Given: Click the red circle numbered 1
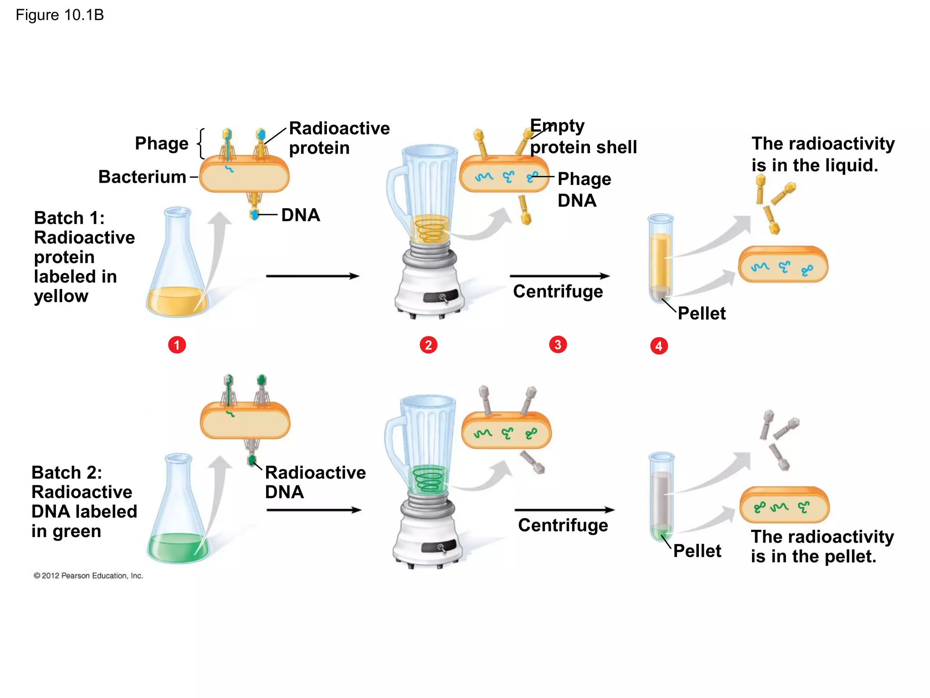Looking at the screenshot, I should (x=177, y=345).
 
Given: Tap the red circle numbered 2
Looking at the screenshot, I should (x=428, y=345).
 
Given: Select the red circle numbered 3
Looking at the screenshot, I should (x=558, y=344).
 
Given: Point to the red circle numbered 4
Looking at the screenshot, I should (x=659, y=346).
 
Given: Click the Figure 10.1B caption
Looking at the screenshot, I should (x=59, y=15).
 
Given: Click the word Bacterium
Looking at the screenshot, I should (x=142, y=177).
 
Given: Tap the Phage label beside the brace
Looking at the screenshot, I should (x=162, y=143).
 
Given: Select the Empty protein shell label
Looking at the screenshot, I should (x=583, y=136).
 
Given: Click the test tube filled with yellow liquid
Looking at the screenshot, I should (x=660, y=259).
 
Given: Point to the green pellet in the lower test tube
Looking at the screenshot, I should (x=661, y=532).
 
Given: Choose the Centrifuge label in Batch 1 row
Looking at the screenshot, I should (x=558, y=291).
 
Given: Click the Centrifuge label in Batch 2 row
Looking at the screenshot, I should (x=563, y=525).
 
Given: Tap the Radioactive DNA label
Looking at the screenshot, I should (x=315, y=482).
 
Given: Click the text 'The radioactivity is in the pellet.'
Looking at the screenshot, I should (x=822, y=546).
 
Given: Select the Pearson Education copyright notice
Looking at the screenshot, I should (x=88, y=576).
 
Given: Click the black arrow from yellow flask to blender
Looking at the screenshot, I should (x=312, y=276).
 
